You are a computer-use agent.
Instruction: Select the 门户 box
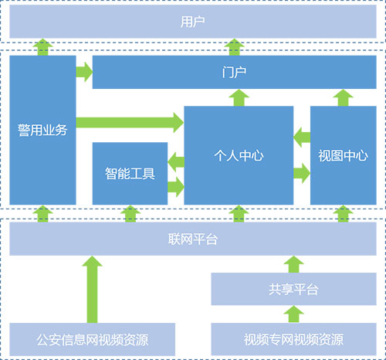coord(238,72)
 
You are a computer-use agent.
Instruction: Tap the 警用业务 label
coord(43,130)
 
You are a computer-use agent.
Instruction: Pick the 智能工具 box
coord(130,173)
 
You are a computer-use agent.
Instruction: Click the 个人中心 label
coord(239,155)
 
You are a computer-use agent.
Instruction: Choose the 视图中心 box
coord(343,155)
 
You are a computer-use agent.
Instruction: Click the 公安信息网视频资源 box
coord(92,339)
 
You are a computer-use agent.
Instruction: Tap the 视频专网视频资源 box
coord(293,339)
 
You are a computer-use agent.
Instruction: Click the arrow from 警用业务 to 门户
coord(84,73)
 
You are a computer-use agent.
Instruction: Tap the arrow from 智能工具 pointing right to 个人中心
coord(176,185)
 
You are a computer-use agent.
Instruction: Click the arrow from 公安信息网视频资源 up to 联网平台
coord(92,290)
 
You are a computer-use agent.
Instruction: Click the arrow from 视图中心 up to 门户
coord(343,97)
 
